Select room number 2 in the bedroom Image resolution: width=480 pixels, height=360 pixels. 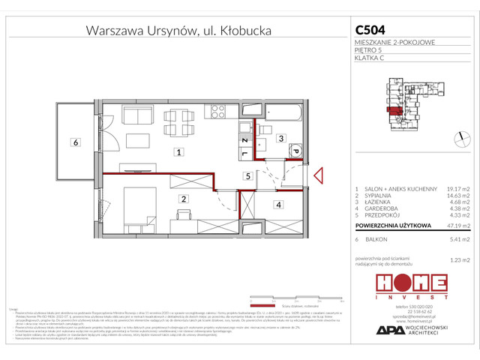click(x=183, y=199)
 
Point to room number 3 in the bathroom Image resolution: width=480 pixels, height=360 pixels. click(x=279, y=139)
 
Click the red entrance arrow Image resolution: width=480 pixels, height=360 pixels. click(x=318, y=176)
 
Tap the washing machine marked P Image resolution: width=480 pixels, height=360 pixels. click(x=295, y=152)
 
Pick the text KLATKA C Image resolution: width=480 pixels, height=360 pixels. click(x=368, y=58)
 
